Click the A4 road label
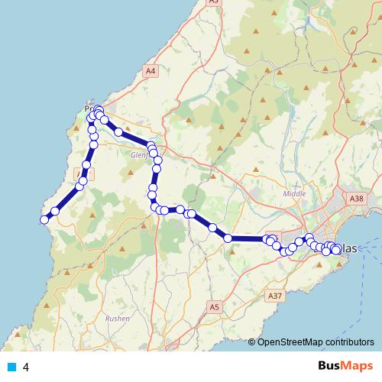(x=151, y=71)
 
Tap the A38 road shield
(x=356, y=199)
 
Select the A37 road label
(x=275, y=295)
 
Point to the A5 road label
(x=215, y=306)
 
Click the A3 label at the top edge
(x=213, y=2)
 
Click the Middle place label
(x=294, y=194)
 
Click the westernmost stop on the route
(x=44, y=220)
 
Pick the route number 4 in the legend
(x=27, y=367)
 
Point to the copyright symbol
(x=252, y=342)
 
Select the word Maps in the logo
(x=359, y=365)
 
